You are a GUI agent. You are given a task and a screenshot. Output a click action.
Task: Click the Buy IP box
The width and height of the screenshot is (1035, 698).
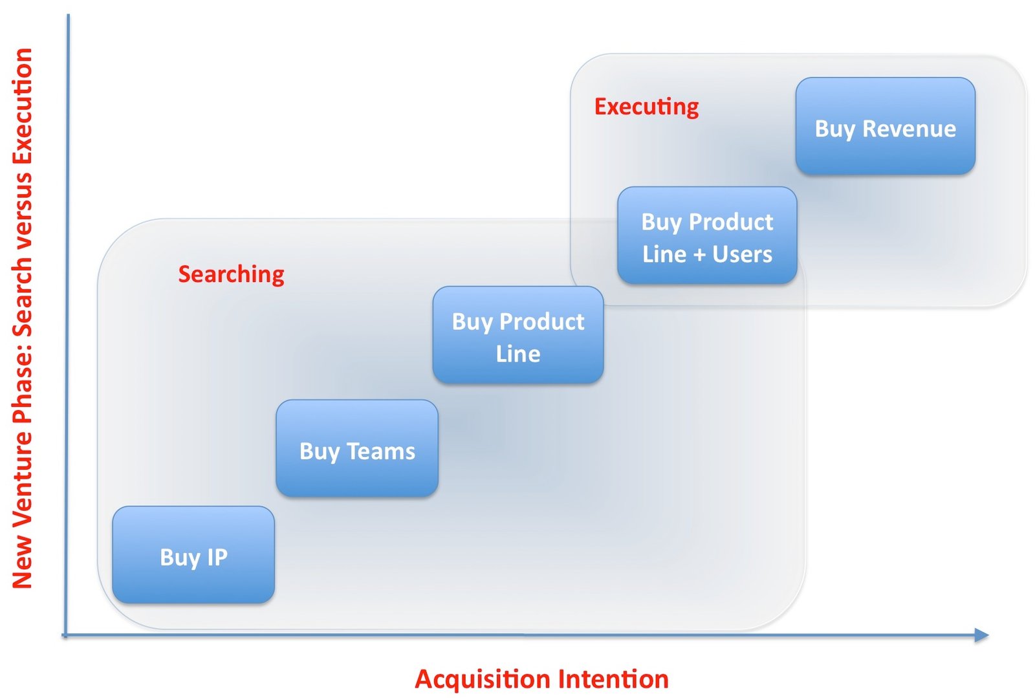(x=193, y=555)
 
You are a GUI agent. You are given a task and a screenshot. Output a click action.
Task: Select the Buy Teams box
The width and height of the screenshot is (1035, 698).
(x=357, y=448)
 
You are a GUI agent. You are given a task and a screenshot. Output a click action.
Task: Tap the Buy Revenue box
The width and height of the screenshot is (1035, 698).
(x=885, y=126)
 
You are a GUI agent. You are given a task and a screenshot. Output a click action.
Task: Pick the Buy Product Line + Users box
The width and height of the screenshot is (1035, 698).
(x=707, y=235)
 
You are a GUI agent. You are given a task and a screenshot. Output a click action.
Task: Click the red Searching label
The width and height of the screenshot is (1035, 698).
(x=231, y=274)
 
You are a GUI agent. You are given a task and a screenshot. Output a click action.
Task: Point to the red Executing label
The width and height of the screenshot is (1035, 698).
(x=646, y=107)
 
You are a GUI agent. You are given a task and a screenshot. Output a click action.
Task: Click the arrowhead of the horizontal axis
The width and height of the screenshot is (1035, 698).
(x=981, y=635)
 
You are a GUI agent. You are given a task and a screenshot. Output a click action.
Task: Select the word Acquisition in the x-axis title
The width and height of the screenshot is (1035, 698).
(x=483, y=679)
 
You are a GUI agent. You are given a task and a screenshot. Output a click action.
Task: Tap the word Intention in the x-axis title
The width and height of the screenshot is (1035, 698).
(x=613, y=679)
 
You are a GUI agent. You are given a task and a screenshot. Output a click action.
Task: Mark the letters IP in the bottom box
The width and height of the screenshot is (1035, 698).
(x=217, y=557)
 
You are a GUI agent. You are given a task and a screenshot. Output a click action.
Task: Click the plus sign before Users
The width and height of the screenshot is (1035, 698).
(x=699, y=255)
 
